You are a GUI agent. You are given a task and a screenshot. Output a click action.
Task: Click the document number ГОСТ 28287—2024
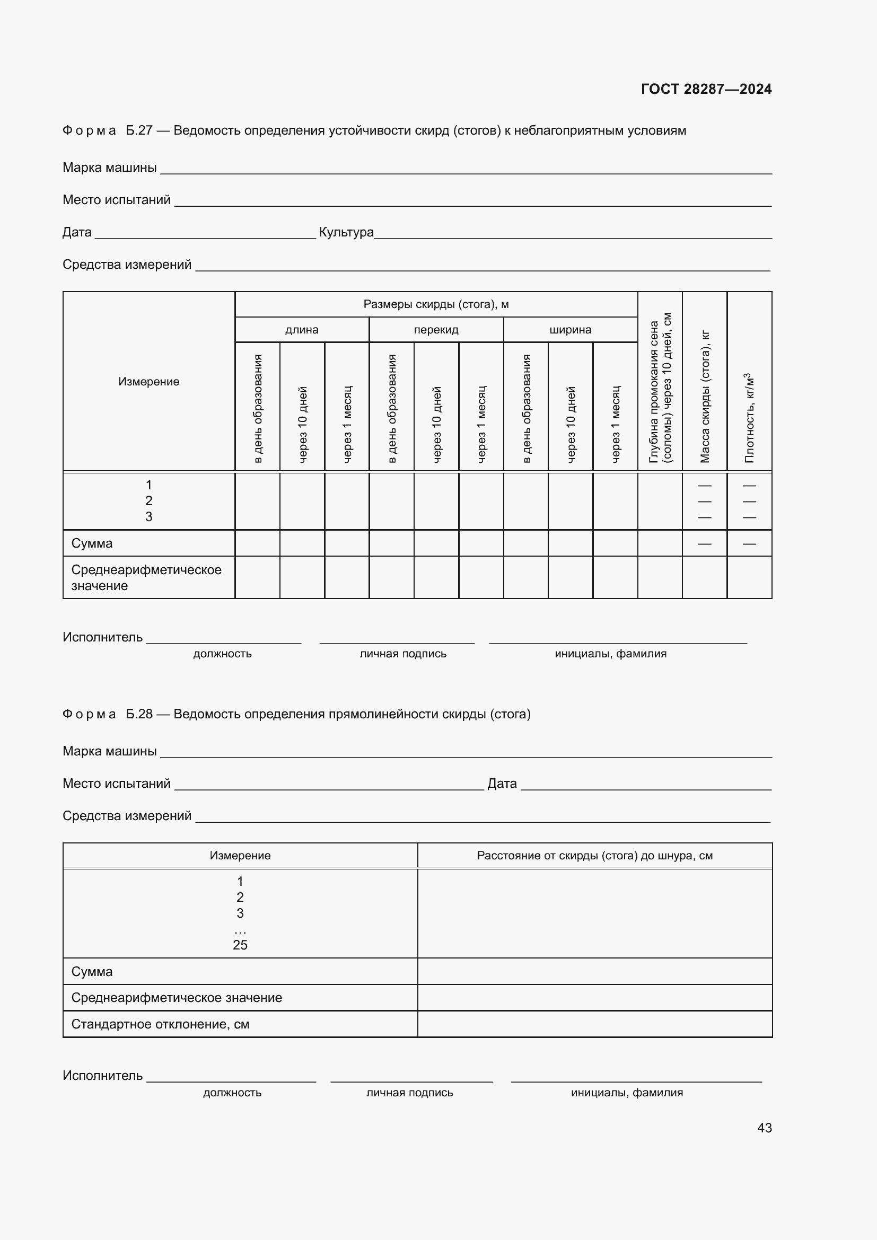(x=706, y=89)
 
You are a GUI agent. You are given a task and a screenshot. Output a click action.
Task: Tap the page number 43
(x=764, y=1128)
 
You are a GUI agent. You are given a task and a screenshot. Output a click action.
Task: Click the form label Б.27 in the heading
(x=139, y=131)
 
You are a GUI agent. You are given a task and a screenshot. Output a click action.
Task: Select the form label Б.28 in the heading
(x=139, y=714)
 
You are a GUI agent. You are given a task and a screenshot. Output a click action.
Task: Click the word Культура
(x=346, y=232)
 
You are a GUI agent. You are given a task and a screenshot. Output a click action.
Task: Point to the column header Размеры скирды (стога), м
(x=436, y=304)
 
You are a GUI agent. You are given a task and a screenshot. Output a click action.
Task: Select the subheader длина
(x=301, y=329)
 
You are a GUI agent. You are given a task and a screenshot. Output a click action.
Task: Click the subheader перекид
(x=436, y=329)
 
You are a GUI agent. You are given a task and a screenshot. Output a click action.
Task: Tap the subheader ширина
(x=571, y=329)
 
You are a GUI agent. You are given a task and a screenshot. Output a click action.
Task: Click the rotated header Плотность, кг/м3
(x=749, y=417)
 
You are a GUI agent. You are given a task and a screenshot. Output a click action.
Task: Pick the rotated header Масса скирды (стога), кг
(x=704, y=397)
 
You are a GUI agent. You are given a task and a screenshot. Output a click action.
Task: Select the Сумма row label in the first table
(x=92, y=543)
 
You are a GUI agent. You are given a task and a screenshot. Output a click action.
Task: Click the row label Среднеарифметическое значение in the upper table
(x=146, y=577)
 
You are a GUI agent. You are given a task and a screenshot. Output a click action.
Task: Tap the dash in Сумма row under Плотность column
(x=749, y=543)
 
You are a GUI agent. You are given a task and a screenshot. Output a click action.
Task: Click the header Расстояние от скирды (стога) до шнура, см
(x=594, y=856)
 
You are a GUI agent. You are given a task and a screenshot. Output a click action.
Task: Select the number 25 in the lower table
(x=240, y=945)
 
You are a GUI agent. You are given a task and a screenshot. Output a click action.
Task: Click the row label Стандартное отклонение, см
(x=160, y=1024)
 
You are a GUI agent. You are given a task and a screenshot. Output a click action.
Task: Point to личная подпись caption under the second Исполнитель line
(x=409, y=1093)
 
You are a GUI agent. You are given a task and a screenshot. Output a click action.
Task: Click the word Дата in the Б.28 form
(x=502, y=784)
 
